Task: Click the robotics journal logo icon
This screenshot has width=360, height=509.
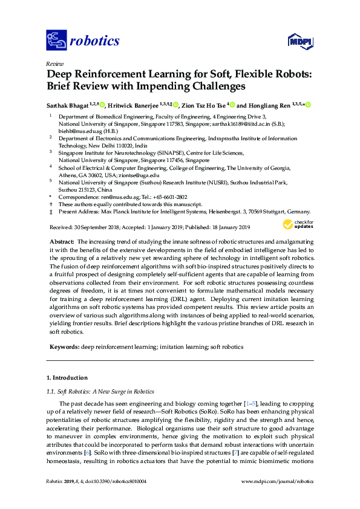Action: coord(56,41)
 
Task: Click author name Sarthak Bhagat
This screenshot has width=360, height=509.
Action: coord(67,105)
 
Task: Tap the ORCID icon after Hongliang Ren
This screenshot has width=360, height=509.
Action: coord(308,105)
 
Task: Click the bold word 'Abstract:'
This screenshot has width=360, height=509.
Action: coord(62,241)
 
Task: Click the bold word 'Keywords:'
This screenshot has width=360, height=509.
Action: coord(64,347)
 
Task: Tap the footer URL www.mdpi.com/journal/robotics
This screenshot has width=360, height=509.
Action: coord(278,481)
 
